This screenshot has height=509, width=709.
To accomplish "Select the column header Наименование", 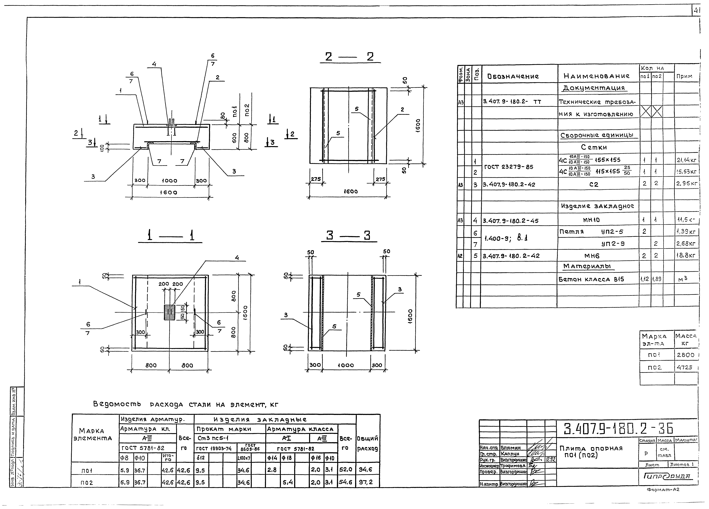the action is (596, 76).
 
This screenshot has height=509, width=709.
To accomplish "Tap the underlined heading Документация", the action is (593, 88).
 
